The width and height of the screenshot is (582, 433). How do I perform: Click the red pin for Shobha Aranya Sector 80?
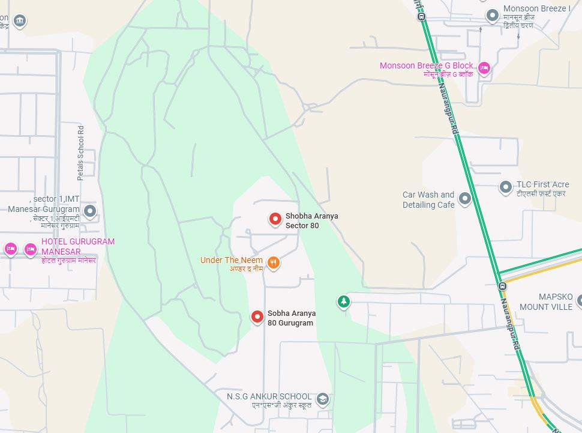pyautogui.click(x=275, y=220)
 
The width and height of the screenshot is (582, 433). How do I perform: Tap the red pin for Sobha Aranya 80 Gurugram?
pyautogui.click(x=257, y=316)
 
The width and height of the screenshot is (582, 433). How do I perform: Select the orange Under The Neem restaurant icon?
pyautogui.click(x=273, y=262)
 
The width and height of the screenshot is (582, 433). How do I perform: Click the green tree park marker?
pyautogui.click(x=343, y=301)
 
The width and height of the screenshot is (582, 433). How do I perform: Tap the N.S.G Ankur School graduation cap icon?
pyautogui.click(x=322, y=399)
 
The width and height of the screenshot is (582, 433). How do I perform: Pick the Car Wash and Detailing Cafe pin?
pyautogui.click(x=464, y=198)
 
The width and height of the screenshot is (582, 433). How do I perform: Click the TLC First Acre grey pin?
pyautogui.click(x=506, y=187)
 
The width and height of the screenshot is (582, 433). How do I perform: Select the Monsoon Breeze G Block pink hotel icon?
pyautogui.click(x=485, y=68)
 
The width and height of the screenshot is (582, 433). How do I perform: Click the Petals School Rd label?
pyautogui.click(x=80, y=153)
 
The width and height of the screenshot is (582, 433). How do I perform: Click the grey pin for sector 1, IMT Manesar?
pyautogui.click(x=90, y=211)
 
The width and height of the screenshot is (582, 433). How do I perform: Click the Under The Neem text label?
pyautogui.click(x=232, y=260)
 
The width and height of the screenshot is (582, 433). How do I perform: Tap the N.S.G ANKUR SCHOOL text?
pyautogui.click(x=269, y=396)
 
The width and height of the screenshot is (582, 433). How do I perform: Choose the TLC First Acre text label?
pyautogui.click(x=542, y=184)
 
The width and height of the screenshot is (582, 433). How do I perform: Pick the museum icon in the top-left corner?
pyautogui.click(x=20, y=21)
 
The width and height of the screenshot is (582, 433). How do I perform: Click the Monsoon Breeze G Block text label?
pyautogui.click(x=427, y=65)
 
